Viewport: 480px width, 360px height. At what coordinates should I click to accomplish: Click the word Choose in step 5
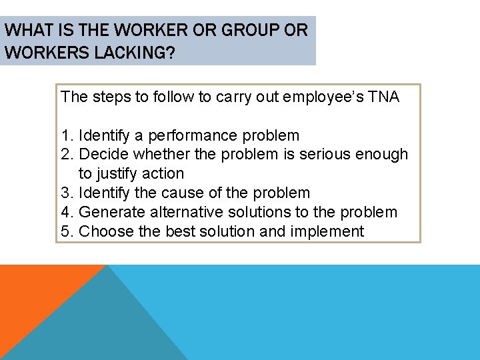click(x=105, y=231)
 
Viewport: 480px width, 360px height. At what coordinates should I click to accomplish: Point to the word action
click(x=162, y=173)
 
